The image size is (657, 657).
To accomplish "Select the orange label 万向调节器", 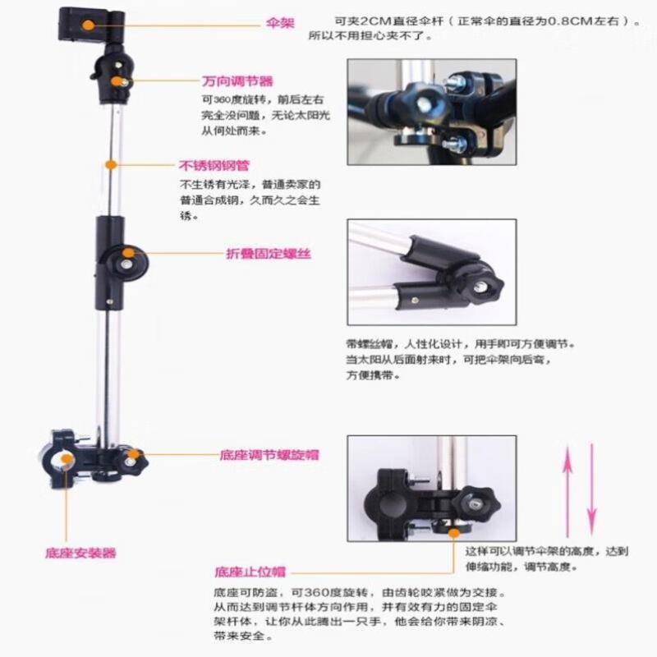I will click(237, 81).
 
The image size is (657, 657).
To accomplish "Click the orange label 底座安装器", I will click(80, 553).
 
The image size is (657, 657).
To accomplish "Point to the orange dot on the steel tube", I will click(109, 165).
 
